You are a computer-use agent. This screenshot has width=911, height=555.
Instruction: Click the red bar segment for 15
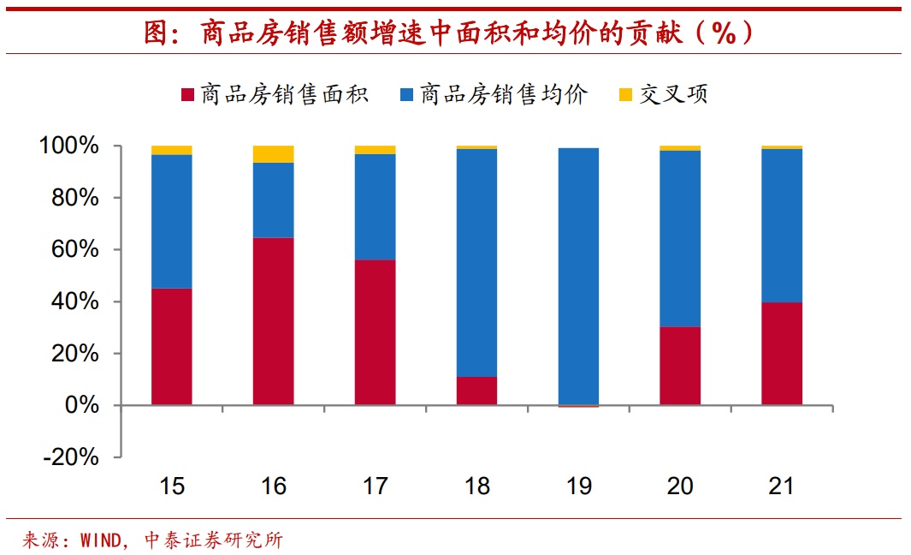pos(171,346)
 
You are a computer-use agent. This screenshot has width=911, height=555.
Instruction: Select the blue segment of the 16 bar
pos(273,200)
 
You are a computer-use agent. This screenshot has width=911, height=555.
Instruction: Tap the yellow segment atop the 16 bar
pos(273,154)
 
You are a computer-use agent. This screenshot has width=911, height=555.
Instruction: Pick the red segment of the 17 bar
pos(375,331)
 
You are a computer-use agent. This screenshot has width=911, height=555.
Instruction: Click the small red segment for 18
pos(476,391)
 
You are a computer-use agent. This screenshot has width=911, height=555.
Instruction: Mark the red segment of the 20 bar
pos(680,366)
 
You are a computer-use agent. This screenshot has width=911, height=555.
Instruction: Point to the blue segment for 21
pos(782,225)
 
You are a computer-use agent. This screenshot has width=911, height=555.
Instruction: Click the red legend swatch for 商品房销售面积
pos(187,95)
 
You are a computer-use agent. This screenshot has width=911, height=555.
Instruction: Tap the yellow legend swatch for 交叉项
pos(625,95)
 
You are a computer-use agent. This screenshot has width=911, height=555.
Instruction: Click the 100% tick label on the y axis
pos(69,146)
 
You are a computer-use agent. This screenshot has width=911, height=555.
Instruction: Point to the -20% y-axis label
pos(71,457)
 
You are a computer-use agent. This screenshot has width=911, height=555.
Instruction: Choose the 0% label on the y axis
pos(83,405)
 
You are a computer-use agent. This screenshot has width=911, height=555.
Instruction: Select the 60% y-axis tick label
pos(75,250)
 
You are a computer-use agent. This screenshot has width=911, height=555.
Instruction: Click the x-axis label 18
pos(476,486)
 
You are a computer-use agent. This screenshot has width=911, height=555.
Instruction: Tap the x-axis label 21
pos(782,486)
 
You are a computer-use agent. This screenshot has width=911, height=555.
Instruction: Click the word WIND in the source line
pos(100,540)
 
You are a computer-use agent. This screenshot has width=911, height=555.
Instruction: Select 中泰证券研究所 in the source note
pos(214,540)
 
